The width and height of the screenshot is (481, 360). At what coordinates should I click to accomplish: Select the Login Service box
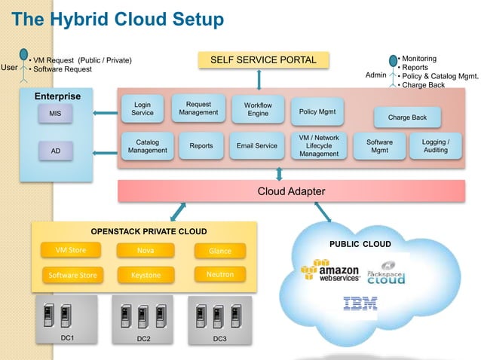coord(142,108)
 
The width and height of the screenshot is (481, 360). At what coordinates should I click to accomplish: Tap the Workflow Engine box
coord(258,108)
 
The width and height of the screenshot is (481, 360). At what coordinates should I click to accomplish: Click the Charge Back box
coord(407,117)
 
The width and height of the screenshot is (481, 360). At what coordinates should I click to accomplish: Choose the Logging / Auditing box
coord(435,146)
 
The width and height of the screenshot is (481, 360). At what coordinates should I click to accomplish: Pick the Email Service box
coord(256,146)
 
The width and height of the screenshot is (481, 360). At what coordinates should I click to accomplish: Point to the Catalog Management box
coord(147,146)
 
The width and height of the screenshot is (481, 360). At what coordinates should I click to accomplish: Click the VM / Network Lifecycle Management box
coord(319,146)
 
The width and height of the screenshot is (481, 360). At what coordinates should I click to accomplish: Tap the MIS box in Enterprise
coord(55,114)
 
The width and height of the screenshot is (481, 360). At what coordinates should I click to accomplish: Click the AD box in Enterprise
coord(55,151)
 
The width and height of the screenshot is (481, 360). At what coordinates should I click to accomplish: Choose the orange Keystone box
coord(146,275)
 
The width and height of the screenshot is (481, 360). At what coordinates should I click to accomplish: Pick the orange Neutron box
coord(220,274)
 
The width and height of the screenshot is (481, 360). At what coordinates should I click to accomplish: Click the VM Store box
coord(71,250)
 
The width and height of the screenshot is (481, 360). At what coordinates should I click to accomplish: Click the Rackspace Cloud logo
coord(386,273)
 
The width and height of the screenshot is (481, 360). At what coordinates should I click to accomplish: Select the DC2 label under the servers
coord(143,339)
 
